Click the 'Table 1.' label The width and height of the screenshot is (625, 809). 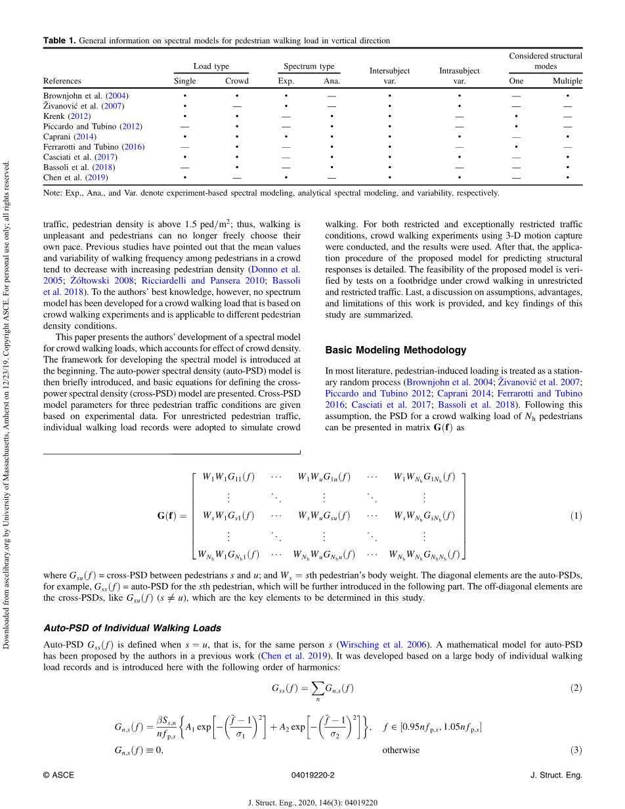coord(59,41)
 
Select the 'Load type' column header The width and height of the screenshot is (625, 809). coord(211,66)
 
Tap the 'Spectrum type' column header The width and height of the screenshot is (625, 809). coord(309,66)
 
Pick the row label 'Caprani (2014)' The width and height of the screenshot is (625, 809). coord(68,137)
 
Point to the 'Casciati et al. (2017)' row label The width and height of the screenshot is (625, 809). coord(80,157)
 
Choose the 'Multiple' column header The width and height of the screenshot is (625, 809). coord(567,81)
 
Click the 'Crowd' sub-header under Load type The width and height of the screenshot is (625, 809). coord(237,81)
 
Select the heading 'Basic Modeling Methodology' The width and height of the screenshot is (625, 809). coord(396,350)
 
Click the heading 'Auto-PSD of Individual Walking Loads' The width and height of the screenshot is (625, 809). coord(132,628)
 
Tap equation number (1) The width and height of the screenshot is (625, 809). coord(576,516)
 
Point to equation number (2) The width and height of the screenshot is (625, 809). coord(576,688)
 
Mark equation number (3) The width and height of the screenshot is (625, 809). coord(576,750)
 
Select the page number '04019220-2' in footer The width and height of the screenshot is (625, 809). coord(312,776)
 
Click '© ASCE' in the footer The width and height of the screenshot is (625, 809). coord(58,776)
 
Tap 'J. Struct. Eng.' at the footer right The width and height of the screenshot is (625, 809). coord(555,776)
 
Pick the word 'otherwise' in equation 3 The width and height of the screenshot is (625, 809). coord(400,750)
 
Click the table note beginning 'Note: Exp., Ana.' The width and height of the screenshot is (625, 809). coord(271,193)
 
